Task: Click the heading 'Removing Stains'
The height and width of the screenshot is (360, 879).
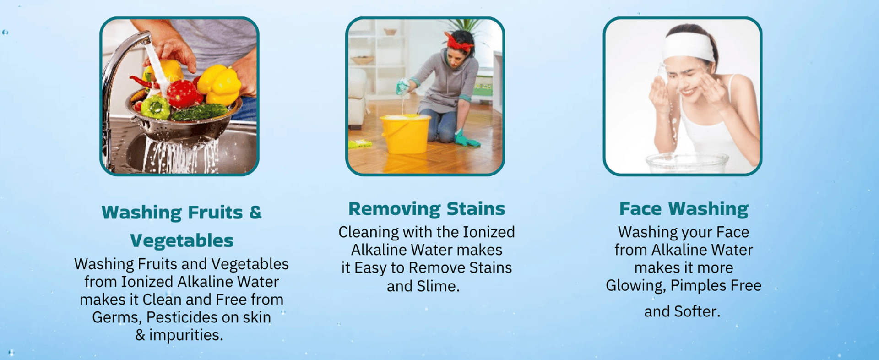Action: coord(427,209)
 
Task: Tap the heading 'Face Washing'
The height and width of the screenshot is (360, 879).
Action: coord(684,209)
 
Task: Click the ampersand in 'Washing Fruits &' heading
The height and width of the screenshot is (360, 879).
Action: coord(255,212)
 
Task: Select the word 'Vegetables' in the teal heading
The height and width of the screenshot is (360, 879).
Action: coord(182,240)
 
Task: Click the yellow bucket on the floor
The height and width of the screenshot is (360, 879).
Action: coord(405,133)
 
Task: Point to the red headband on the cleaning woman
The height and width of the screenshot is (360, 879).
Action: coord(460,43)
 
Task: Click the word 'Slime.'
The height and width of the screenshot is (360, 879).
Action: coord(438,286)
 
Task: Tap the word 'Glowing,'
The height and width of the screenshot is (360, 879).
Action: coord(636,286)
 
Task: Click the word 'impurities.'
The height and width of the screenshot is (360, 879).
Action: coord(186,335)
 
